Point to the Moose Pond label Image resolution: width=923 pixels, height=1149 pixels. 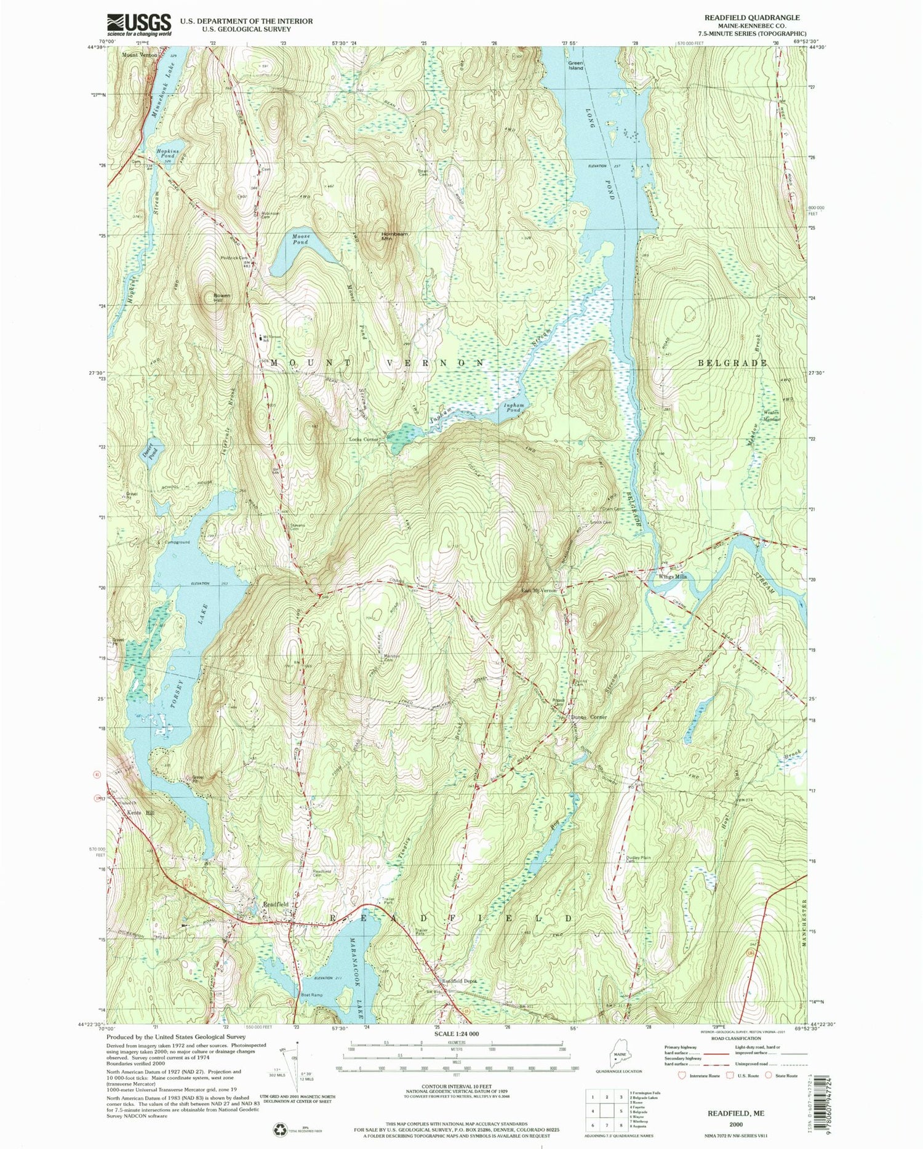301,239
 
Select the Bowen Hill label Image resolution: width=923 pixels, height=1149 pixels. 222,298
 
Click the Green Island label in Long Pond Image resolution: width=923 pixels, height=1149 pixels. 575,65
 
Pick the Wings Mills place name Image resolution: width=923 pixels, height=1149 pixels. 673,577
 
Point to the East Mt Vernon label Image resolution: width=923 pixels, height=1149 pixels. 539,590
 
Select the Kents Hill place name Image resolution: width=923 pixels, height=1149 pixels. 138,812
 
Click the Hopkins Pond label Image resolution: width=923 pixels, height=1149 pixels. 166,153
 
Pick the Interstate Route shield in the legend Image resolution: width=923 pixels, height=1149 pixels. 681,1075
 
